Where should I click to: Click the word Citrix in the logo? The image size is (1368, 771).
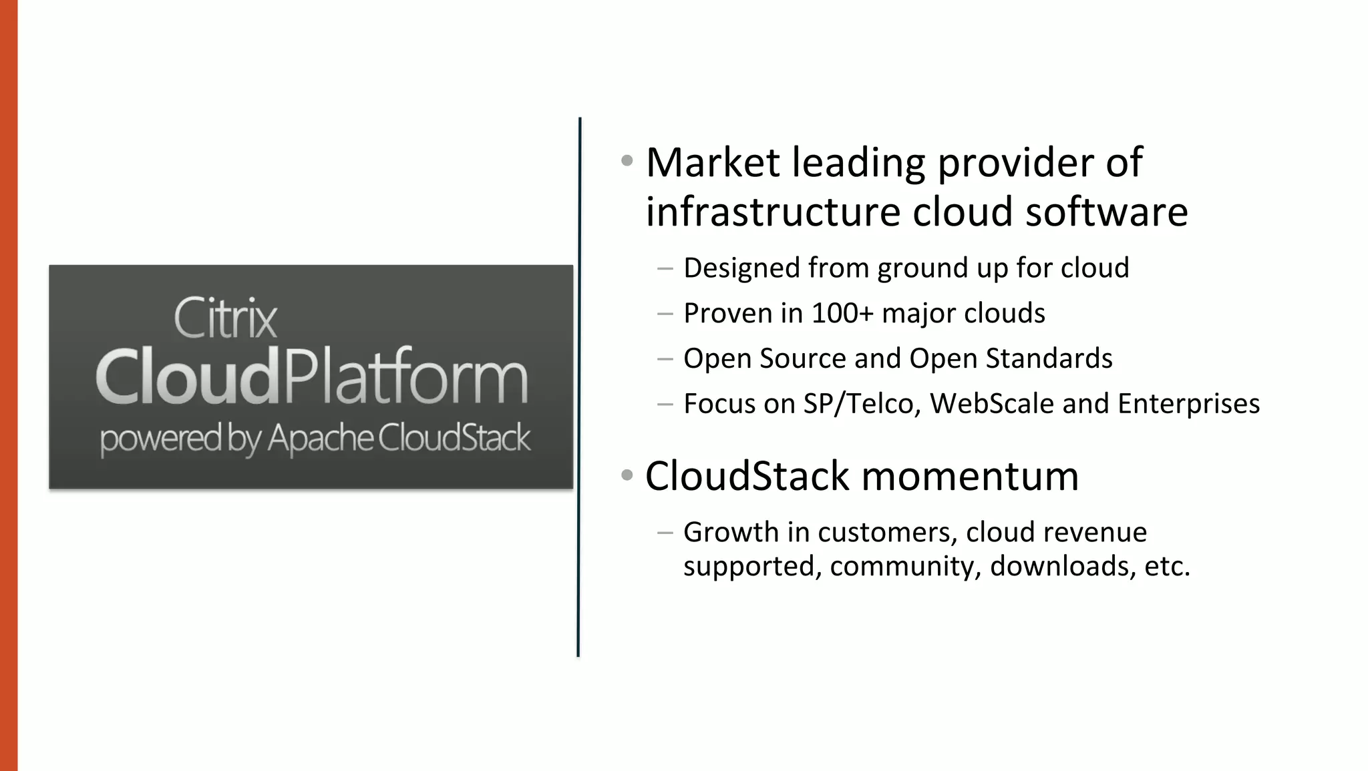pos(225,318)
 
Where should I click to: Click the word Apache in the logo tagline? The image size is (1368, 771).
pos(321,439)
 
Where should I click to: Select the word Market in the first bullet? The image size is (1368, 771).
pos(713,163)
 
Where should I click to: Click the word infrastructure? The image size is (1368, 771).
pos(773,212)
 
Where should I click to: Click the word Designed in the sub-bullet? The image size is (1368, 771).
pos(741,268)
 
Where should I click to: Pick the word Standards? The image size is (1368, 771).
pos(1049,358)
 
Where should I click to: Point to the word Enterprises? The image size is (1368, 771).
pos(1188,405)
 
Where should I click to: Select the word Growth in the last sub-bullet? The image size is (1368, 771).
pos(731,532)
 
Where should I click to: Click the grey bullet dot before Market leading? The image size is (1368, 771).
pos(627,160)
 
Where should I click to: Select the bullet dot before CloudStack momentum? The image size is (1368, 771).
pos(627,475)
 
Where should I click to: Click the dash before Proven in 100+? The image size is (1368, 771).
pos(665,314)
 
